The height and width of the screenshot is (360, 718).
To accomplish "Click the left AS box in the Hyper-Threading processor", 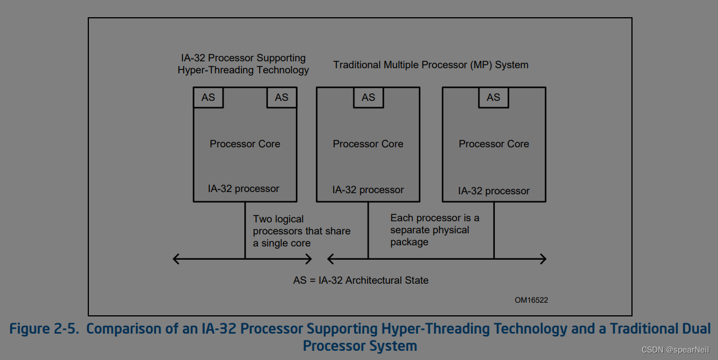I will point(208,97).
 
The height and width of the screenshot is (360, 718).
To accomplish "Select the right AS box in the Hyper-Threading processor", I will point(282,97).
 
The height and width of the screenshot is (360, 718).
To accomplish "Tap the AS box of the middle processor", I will point(368,97).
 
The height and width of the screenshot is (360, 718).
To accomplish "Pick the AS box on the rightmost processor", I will point(493,97).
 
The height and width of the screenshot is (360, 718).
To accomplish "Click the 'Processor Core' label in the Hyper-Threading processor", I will point(245,144).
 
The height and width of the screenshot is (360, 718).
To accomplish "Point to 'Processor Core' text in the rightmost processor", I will point(494,144).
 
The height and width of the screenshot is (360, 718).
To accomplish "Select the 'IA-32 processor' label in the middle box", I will point(368,190).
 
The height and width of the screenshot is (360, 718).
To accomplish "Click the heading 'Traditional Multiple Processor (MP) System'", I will point(431,65).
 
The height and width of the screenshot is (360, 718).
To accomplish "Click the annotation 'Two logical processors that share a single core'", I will point(301,231).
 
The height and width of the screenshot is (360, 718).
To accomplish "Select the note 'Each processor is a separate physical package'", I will point(434,230).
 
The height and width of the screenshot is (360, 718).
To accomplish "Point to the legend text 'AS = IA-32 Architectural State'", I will point(361,280).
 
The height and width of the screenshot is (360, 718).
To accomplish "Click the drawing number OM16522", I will point(531,300).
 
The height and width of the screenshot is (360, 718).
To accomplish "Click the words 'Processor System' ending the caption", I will point(360,346).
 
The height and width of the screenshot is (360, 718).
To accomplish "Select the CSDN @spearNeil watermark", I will point(675,350).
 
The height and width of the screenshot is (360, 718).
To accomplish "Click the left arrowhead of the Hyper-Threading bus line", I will point(175,259).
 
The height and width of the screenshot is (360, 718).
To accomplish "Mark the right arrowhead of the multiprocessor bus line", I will point(543,259).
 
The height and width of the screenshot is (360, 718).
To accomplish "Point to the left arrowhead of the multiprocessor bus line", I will point(330,259).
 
